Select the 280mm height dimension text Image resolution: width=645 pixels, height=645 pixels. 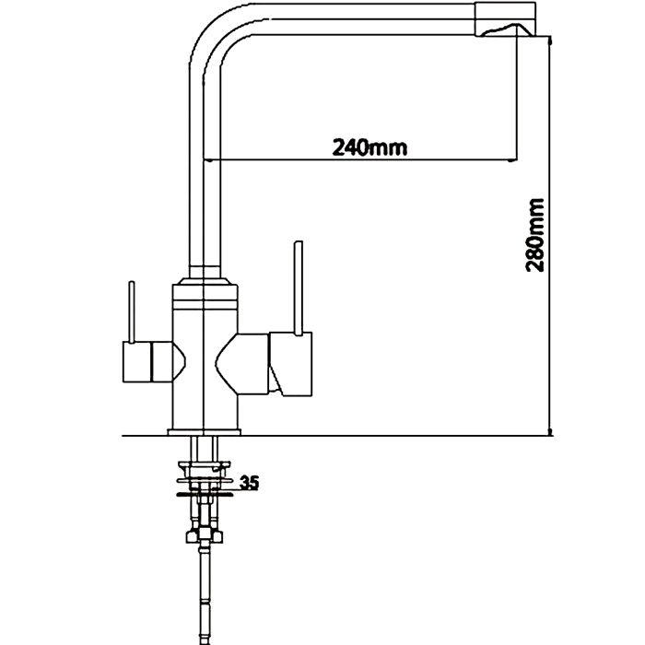pos(535,235)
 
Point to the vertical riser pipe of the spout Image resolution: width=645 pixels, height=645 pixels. pos(204,166)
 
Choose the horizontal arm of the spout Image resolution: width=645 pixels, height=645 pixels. pos(350,19)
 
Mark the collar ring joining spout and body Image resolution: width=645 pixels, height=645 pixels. pos(205,276)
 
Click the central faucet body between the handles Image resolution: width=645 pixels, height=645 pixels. pos(205,359)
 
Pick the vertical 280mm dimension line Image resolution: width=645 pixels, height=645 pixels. pos(549,276)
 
